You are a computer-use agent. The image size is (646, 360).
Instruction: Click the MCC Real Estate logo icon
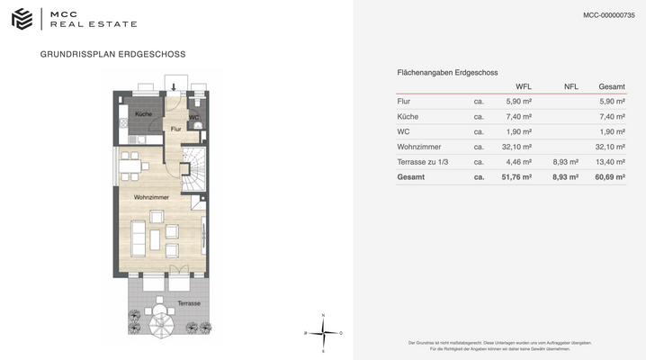pos(22,19)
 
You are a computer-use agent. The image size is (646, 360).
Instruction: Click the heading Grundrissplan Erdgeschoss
pos(113,54)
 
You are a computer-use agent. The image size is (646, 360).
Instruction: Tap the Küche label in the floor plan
pos(144,114)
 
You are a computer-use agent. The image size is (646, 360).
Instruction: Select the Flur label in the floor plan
pos(176,130)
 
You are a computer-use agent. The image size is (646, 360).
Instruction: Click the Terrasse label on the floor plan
pos(188,303)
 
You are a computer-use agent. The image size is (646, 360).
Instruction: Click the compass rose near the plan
pos(325,332)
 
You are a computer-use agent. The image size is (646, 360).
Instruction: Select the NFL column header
pos(570,86)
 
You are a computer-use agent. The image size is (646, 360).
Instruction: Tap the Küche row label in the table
pos(409,116)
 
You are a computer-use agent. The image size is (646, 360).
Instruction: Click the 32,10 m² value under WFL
pos(516,147)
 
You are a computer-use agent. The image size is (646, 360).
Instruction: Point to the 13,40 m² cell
pos(612,162)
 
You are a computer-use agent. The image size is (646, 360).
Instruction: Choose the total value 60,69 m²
pos(612,177)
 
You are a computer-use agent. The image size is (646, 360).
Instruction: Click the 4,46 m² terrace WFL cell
pos(519,162)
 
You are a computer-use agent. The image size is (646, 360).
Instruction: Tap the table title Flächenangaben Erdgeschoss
pos(447,72)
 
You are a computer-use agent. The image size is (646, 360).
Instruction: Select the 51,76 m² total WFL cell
pos(516,177)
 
